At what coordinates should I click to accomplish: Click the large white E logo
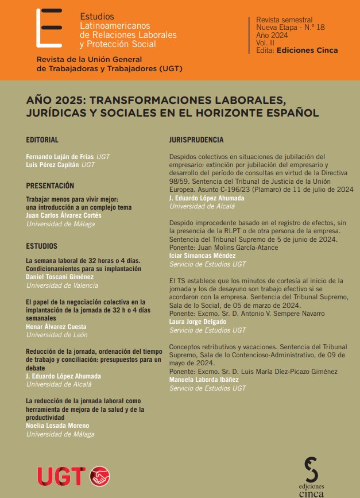pos(48,28)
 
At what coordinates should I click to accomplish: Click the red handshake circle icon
pos(100,476)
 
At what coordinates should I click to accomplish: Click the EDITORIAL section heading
pos(42,140)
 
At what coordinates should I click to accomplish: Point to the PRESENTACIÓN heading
pos(51,186)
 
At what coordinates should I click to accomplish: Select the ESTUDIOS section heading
pos(41,246)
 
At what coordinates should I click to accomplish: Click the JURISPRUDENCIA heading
pos(196,140)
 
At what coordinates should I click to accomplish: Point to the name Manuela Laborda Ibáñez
pos(203,380)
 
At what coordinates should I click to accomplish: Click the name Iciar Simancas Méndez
pos(203,256)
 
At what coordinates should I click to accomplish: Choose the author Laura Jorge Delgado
pos(198,322)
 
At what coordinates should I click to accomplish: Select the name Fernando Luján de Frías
pos(60,156)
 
